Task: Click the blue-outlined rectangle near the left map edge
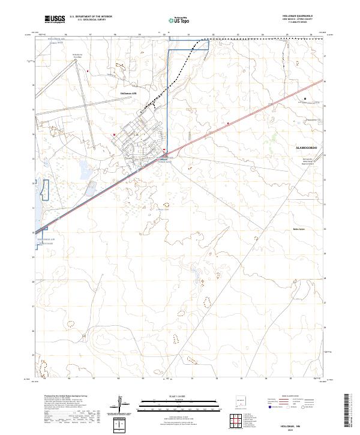pos(43,189)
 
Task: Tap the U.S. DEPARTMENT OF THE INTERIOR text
pos(91,16)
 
